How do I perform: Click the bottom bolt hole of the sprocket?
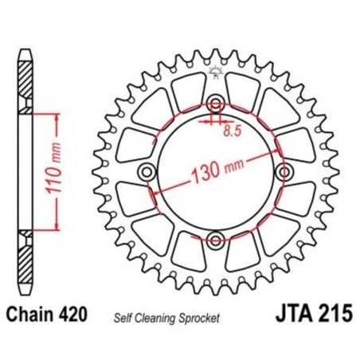tap(215, 238)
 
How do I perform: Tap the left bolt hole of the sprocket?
tap(146, 171)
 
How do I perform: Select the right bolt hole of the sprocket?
tap(283, 171)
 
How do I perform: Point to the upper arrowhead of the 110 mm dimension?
tap(57, 116)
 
